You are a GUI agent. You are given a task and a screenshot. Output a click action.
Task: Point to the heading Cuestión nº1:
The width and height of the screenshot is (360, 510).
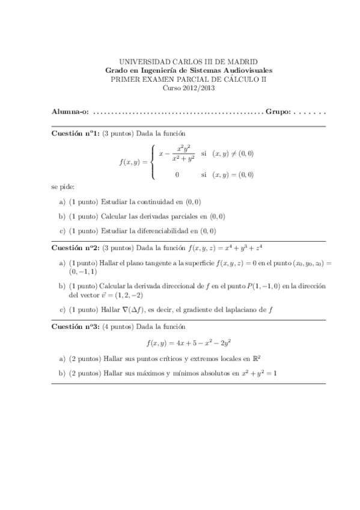tap(75, 134)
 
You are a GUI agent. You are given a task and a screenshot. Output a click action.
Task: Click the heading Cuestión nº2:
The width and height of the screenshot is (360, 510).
tap(75, 247)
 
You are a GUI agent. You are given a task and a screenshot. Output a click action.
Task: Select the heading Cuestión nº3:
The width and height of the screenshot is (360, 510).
tap(75, 327)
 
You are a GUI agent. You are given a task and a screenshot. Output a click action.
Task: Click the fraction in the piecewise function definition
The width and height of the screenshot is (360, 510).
tap(183, 154)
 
